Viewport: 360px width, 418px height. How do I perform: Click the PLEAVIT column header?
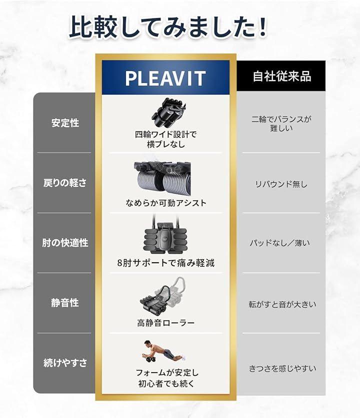coord(165,78)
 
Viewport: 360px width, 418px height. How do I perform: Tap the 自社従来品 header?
coord(282,76)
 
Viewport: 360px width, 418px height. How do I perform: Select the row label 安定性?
coord(65,123)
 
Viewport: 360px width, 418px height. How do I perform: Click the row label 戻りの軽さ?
coord(65,183)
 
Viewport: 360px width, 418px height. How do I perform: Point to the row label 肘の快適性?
coord(65,243)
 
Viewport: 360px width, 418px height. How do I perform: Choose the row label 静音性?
coord(65,303)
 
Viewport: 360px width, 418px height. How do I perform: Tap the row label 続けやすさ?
coord(65,363)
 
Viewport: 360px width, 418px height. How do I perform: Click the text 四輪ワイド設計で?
coord(165,134)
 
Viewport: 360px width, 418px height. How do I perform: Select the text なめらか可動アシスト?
coord(166,203)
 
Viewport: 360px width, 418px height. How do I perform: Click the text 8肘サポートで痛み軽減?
coord(166,263)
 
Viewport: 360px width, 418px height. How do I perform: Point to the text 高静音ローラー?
coord(166,323)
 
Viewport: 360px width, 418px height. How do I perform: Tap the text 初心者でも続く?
coord(166,384)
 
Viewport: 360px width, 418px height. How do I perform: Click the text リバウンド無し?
coord(281,184)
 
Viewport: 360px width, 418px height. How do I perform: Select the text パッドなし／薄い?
coord(280,243)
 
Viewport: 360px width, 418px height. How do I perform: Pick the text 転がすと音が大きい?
coord(282,304)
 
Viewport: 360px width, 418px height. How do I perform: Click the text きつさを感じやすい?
coord(282,369)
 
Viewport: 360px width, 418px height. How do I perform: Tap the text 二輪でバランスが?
coord(281,119)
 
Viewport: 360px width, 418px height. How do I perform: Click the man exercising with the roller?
coord(163,352)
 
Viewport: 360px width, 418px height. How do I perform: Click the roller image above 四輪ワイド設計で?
coord(169,112)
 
